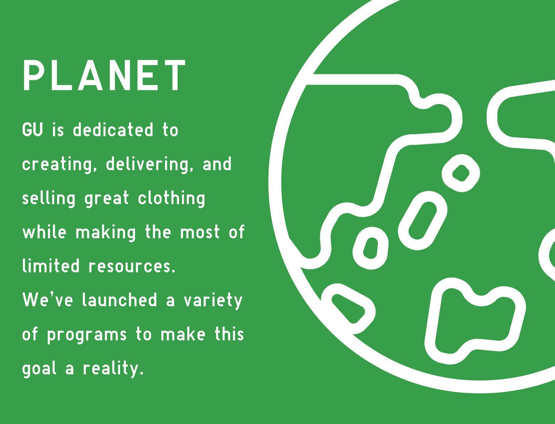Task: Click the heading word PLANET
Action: point(104,75)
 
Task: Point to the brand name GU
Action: point(32,130)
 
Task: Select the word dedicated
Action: point(113,130)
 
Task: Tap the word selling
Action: point(49,199)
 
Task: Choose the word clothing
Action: point(171,199)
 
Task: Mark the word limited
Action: point(50,266)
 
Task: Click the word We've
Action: point(48,300)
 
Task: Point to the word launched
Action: point(119,300)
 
